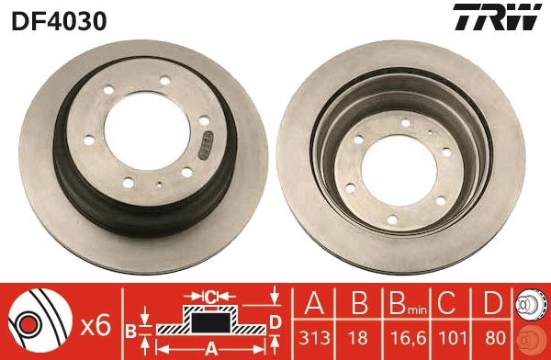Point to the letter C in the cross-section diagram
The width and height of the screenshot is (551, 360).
click(210, 297)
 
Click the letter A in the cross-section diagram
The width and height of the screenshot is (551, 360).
click(210, 347)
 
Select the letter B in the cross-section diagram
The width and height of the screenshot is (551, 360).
click(131, 328)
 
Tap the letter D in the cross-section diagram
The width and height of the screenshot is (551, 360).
click(275, 321)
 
